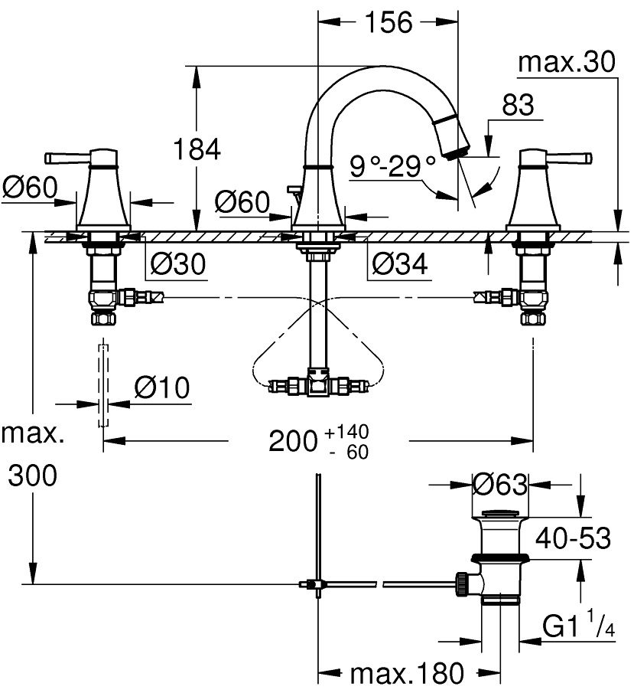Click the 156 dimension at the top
pos(387,23)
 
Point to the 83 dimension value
pos(518,106)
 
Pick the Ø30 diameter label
pos(177,263)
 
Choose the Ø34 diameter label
pos(399,263)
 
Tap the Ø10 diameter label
pos(161,388)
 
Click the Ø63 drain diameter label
pos(500,484)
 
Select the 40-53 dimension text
pos(573,538)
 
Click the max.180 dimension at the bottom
pos(407,674)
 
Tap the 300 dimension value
pos(32,476)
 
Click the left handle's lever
pos(67,159)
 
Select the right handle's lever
pos(572,159)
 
